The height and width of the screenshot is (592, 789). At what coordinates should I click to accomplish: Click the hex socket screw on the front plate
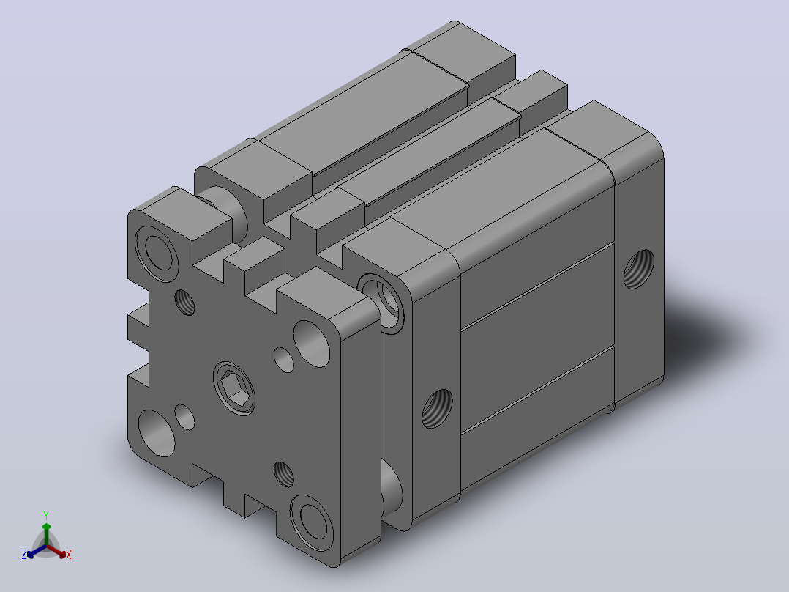tap(234, 388)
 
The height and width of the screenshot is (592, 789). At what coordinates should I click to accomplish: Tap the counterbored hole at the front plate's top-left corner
tap(157, 254)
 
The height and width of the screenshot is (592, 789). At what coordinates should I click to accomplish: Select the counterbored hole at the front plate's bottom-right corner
tap(312, 523)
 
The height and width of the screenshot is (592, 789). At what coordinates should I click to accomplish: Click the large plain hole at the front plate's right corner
tap(312, 344)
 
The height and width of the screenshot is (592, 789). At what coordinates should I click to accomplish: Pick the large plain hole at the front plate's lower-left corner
tap(157, 433)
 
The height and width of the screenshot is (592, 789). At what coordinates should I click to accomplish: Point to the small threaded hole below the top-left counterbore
tap(184, 303)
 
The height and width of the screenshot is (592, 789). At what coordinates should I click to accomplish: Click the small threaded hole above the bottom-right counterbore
tap(284, 474)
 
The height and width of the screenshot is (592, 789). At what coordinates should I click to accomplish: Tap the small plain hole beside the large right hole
tap(284, 359)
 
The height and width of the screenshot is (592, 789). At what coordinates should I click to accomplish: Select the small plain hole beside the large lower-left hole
tap(184, 417)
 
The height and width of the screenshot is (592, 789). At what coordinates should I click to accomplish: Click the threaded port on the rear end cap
tap(638, 269)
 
